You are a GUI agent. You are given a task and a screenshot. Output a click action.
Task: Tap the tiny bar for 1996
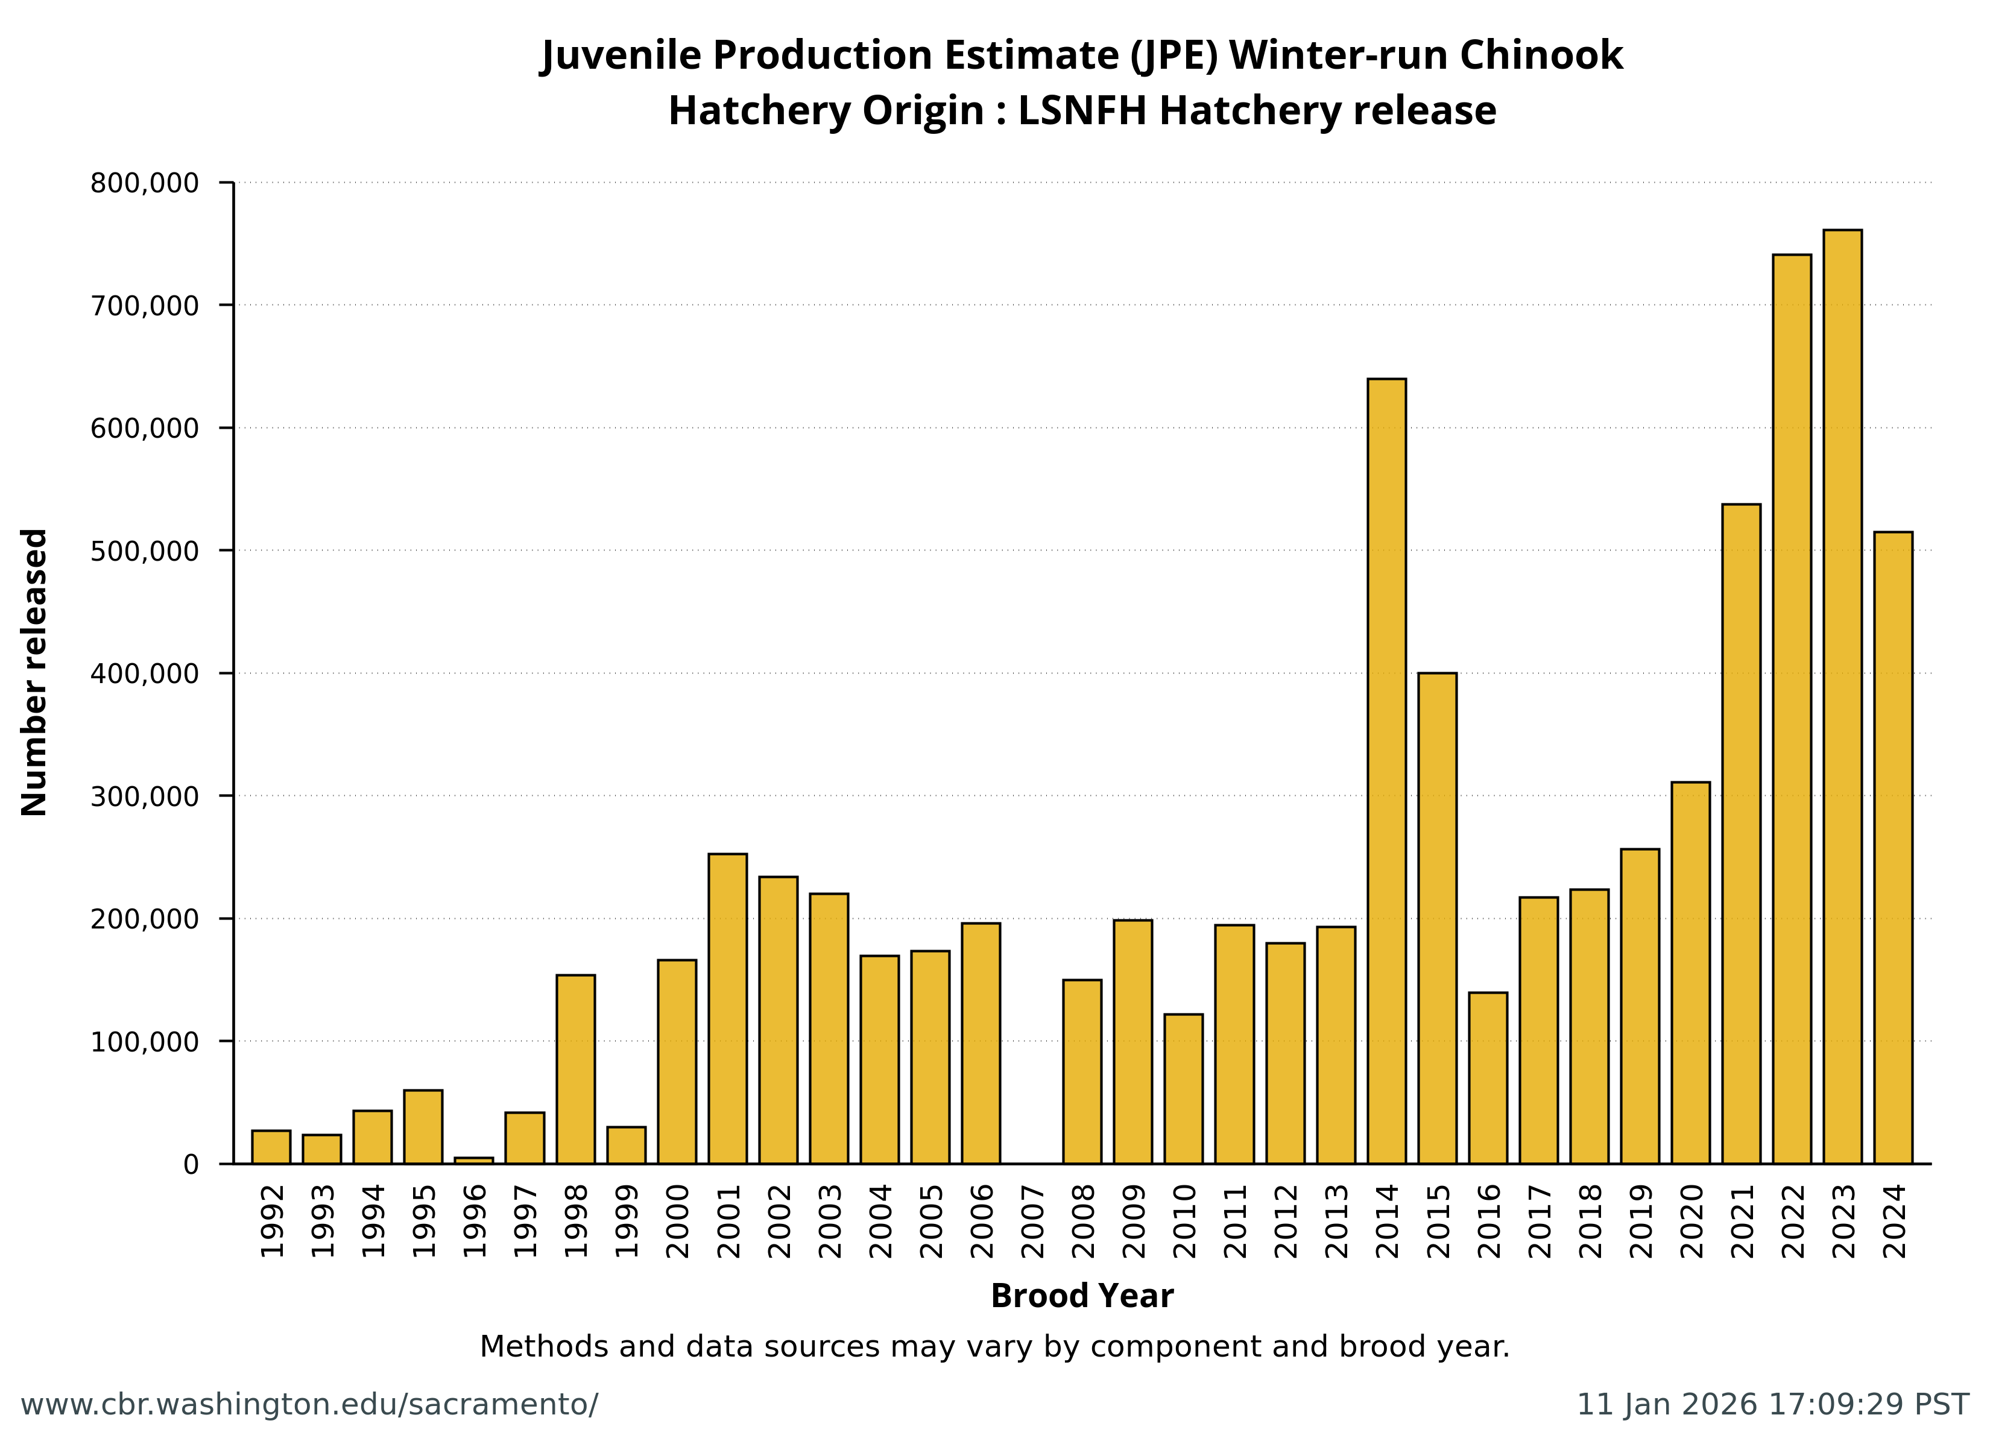(474, 1160)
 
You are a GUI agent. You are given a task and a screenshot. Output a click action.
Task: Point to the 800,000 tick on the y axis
(145, 183)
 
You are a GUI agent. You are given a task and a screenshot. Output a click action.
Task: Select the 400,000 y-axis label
(145, 674)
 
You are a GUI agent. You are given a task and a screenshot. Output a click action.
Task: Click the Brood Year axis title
(1081, 1296)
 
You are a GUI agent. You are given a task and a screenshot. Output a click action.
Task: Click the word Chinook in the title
(1541, 55)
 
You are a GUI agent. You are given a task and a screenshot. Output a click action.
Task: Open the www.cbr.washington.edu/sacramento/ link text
(309, 1404)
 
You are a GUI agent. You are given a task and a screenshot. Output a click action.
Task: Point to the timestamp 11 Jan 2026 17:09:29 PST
(1772, 1404)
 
